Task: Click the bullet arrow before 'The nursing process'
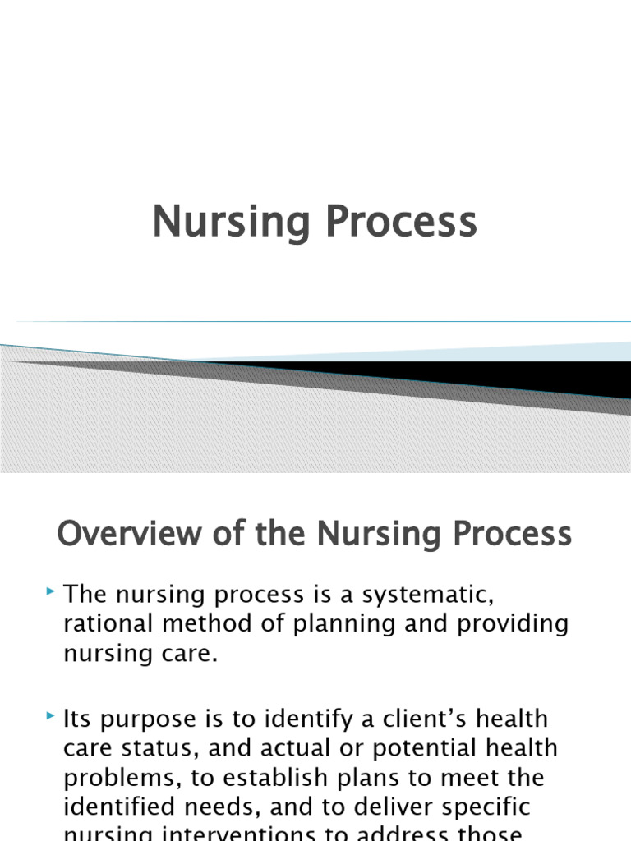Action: [52, 591]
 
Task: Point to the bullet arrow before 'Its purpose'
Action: [52, 717]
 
